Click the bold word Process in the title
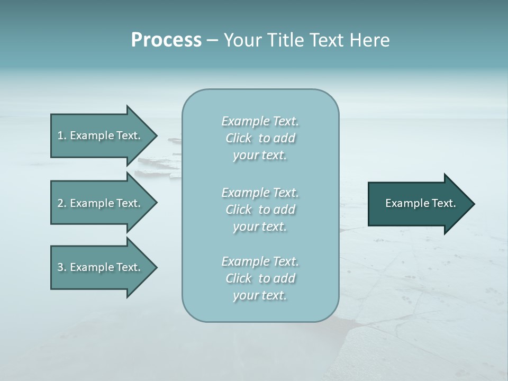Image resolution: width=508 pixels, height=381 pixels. pos(166,40)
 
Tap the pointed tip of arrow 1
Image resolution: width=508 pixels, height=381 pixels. pos(156,135)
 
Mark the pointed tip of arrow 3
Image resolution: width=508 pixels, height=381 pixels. pos(156,267)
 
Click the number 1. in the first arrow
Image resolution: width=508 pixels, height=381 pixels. pos(62,135)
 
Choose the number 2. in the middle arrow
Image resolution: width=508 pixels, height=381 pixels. pos(62,203)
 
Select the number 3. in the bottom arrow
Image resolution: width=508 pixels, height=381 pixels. pos(62,267)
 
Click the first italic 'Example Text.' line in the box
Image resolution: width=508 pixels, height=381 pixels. pos(260,121)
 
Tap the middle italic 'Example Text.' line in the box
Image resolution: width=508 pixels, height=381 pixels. pos(260,193)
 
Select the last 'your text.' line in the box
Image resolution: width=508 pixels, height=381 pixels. pos(260,295)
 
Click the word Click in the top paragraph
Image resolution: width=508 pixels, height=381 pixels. pos(238,138)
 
